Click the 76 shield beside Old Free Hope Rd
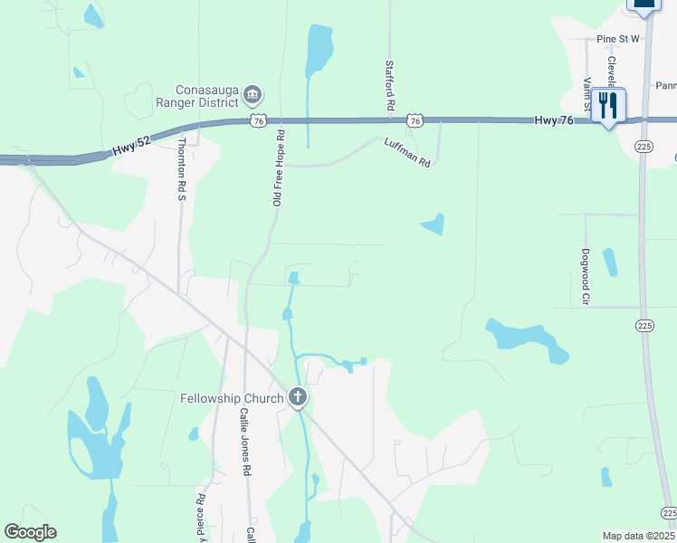tap(259, 120)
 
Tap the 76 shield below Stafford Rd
tap(414, 120)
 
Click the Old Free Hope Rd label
tap(280, 167)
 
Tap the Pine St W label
tap(618, 39)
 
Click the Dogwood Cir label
tap(586, 275)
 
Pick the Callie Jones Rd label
tap(243, 441)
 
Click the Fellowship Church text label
tap(231, 397)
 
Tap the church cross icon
tap(297, 397)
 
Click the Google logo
tap(30, 533)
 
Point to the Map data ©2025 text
tap(638, 536)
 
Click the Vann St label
tap(586, 96)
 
